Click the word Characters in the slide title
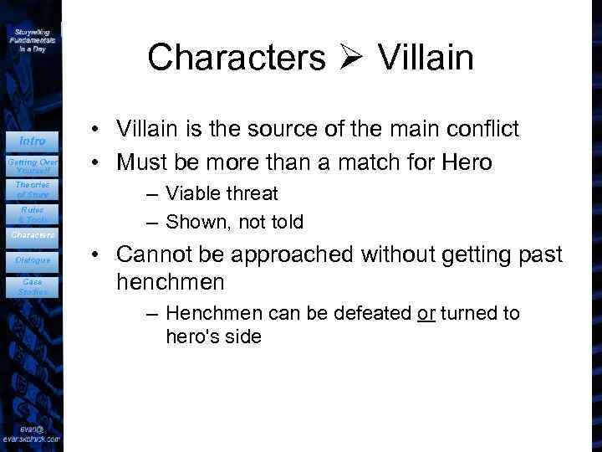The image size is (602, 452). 237,58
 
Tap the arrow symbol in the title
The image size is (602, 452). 351,59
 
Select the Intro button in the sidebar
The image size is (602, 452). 33,141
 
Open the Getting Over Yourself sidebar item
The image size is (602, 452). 33,163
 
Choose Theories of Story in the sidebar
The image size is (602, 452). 33,189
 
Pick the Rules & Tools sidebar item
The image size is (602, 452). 33,214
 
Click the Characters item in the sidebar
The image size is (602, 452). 33,235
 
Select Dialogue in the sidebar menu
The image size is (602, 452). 33,260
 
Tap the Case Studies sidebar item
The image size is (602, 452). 33,287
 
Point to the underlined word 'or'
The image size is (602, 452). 426,314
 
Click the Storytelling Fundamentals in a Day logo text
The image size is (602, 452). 33,39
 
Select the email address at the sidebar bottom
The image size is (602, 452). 32,434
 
